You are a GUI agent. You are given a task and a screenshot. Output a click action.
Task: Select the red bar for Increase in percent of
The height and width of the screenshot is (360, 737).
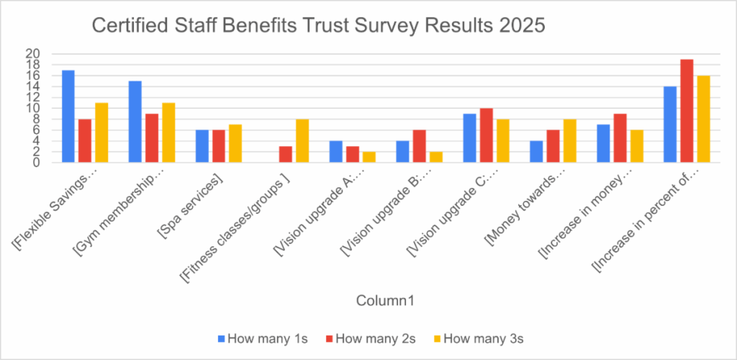[x=687, y=111]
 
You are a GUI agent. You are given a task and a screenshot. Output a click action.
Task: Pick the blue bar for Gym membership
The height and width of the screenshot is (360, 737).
[x=135, y=122]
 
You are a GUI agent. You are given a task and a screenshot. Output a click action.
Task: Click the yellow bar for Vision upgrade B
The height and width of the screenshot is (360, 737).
[x=435, y=157]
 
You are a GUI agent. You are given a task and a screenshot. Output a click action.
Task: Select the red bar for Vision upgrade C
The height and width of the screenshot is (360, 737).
[x=487, y=135]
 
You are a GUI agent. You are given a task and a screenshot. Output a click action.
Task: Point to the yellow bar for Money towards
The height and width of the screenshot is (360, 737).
[x=569, y=140]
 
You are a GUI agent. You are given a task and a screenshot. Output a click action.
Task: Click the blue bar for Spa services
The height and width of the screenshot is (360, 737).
[x=202, y=146]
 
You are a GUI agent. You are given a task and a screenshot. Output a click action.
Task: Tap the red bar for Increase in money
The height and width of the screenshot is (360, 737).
[x=620, y=138]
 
